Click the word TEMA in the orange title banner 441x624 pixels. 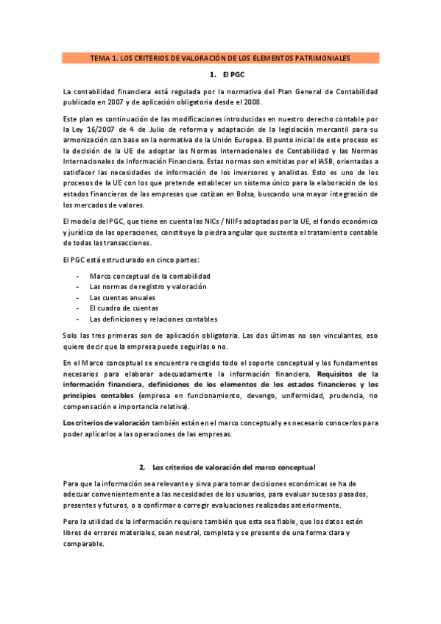point(99,57)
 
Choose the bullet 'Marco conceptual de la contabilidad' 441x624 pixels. point(144,275)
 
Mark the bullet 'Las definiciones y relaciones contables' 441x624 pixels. point(153,319)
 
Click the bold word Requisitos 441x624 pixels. point(336,374)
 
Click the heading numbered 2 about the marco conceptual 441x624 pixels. point(233,467)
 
